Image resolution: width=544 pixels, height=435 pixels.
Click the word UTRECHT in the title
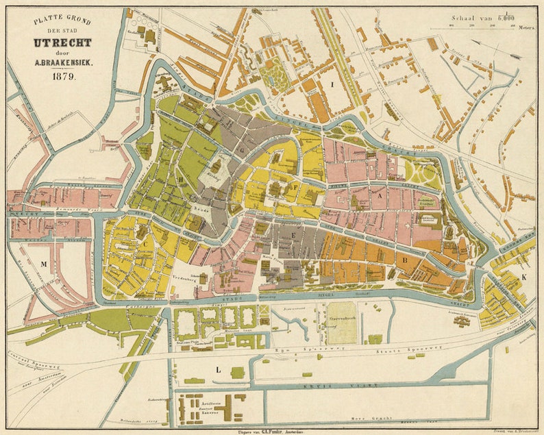[x=62, y=42]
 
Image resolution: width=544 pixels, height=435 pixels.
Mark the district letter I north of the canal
[x=332, y=84]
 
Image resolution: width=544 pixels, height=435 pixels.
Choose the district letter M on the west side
[x=43, y=264]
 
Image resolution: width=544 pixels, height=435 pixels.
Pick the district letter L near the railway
[x=218, y=370]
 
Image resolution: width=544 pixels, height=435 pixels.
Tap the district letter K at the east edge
[x=524, y=276]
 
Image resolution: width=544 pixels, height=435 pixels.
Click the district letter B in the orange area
[x=405, y=260]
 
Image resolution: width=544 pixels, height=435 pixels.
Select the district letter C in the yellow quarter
[x=145, y=243]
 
